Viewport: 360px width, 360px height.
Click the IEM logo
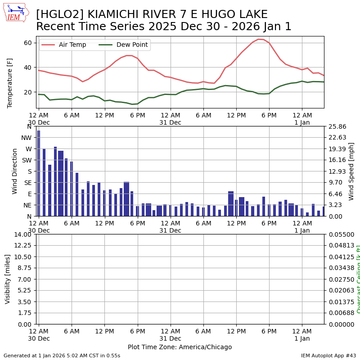pyautogui.click(x=16, y=13)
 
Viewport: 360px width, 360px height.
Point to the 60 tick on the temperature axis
pyautogui.click(x=28, y=43)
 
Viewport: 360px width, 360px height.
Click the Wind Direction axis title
pyautogui.click(x=15, y=171)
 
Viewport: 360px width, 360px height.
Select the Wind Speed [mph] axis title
pyautogui.click(x=351, y=171)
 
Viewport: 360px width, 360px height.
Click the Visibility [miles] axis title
pyautogui.click(x=8, y=279)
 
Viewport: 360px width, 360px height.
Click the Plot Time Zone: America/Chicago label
pyautogui.click(x=180, y=347)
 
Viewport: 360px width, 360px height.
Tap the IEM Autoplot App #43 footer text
pyautogui.click(x=328, y=355)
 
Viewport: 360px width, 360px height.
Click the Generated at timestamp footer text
pyautogui.click(x=62, y=355)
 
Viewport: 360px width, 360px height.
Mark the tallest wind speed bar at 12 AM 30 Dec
pyautogui.click(x=39, y=173)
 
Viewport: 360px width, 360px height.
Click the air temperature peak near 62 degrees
pyautogui.click(x=258, y=39)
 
